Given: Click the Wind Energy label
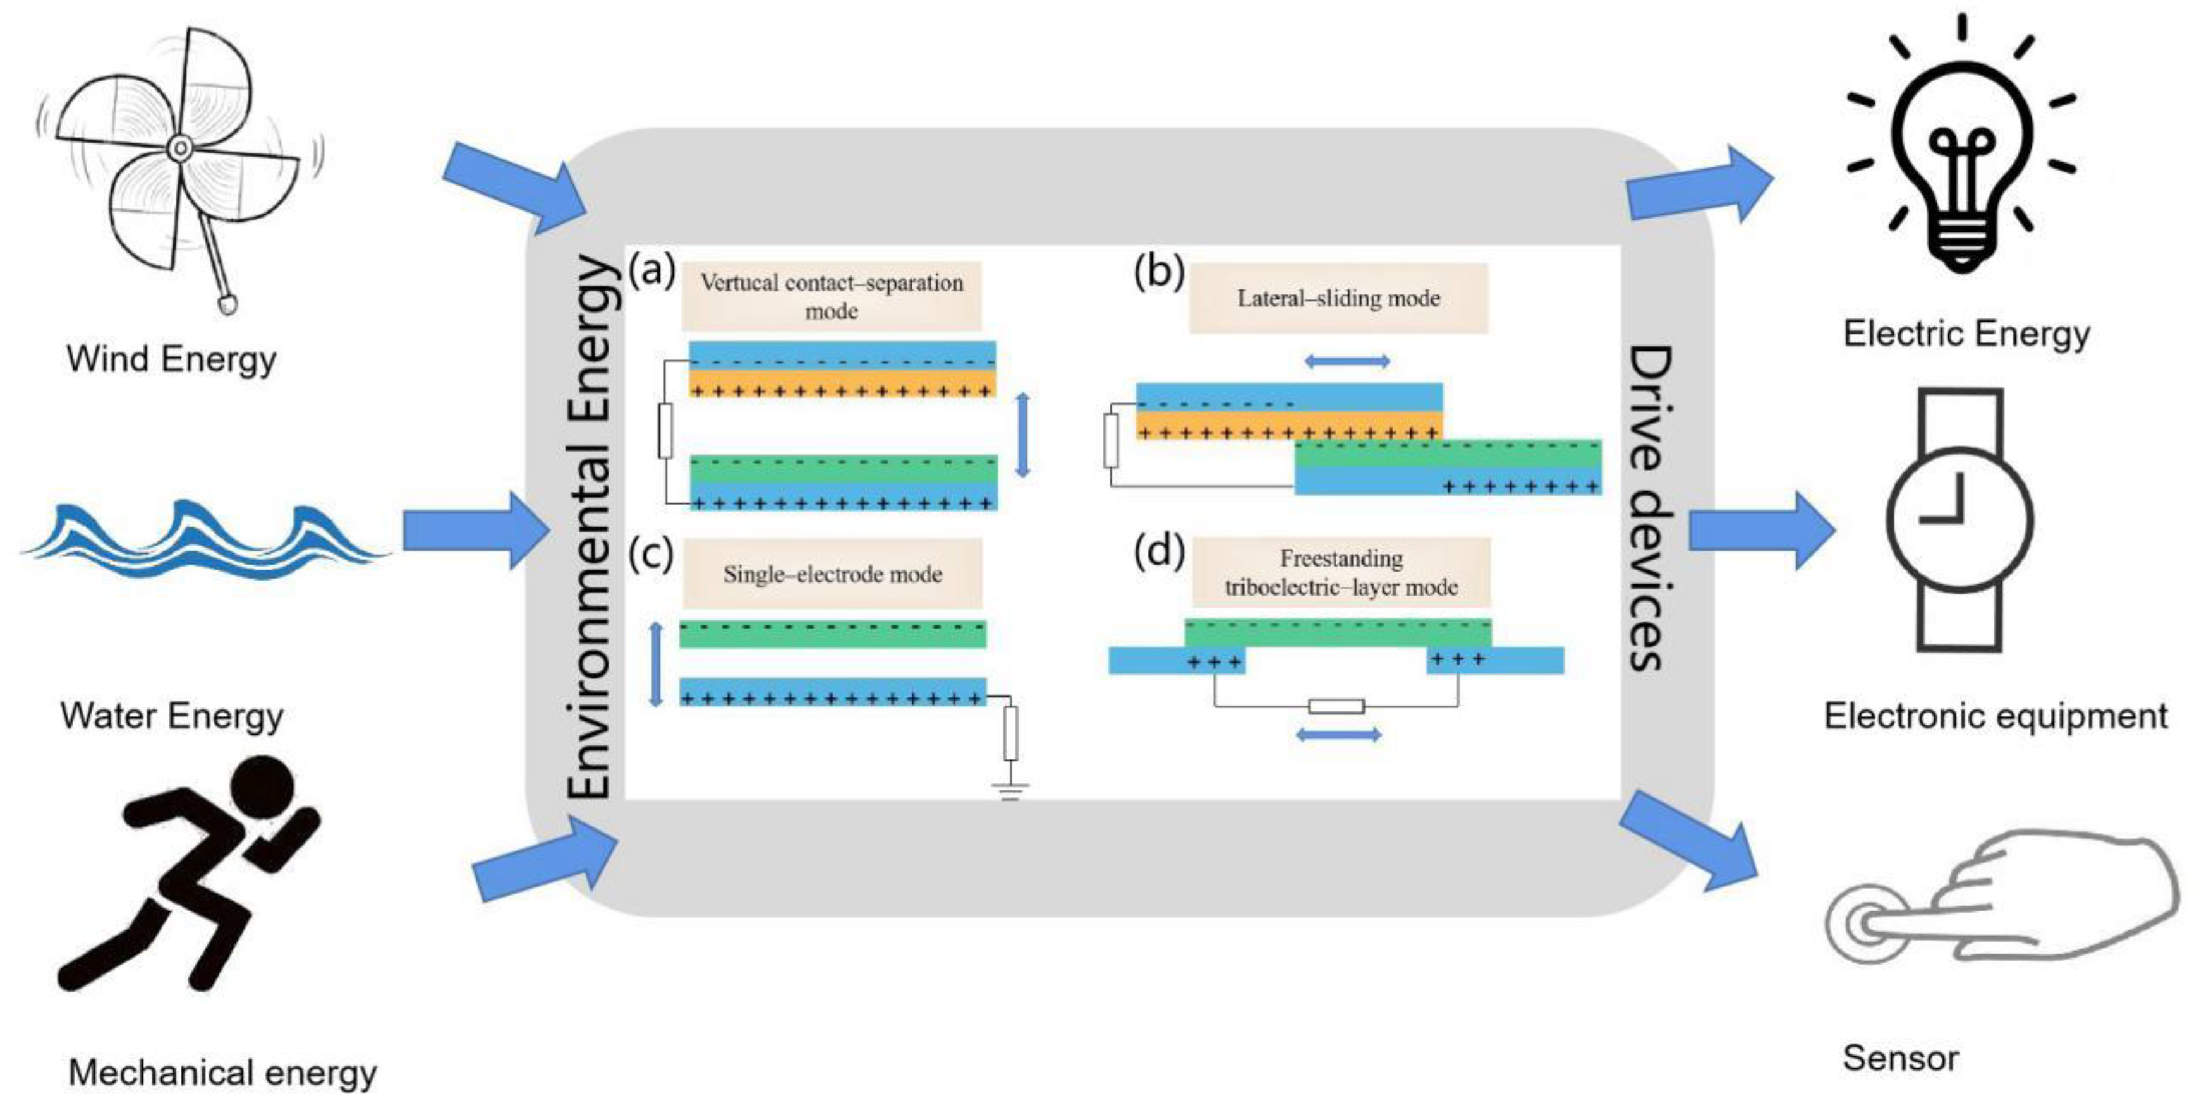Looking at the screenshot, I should [x=171, y=359].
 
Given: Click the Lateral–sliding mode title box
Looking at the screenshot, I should [x=1338, y=298].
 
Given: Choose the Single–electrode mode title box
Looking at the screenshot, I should [x=832, y=574].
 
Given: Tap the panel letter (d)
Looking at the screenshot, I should [x=1158, y=551].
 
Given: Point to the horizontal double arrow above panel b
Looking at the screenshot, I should [x=1347, y=362].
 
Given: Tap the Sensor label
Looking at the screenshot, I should [x=1900, y=1058].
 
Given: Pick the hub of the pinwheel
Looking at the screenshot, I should [x=179, y=149].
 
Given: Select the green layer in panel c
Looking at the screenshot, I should [x=832, y=635].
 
